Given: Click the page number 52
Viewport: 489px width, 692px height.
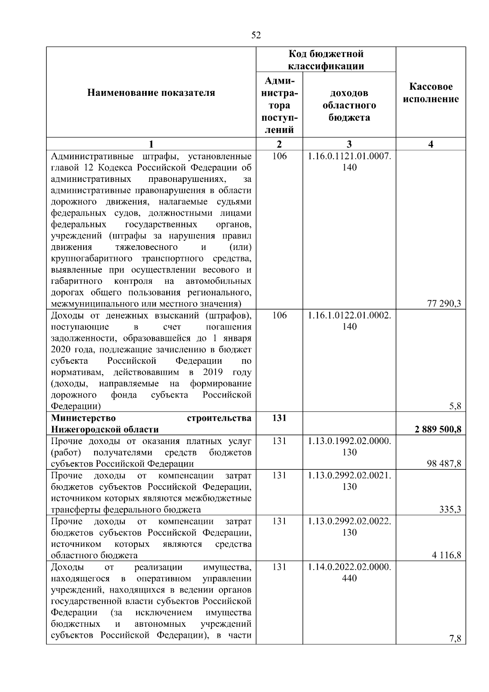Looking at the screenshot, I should (256, 35).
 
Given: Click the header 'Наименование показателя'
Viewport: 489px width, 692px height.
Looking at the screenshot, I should (151, 93).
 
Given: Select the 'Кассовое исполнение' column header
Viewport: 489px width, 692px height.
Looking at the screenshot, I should (431, 93).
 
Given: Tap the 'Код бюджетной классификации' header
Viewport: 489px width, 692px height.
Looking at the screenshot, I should (326, 60).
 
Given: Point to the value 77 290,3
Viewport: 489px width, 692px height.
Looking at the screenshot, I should (444, 303).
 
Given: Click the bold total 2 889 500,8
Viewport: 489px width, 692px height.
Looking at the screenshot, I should (438, 429).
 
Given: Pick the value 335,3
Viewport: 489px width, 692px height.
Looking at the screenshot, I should (450, 509).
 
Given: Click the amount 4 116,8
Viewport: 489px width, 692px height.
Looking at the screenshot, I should (446, 555).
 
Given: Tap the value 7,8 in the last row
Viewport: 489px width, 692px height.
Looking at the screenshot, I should (455, 639).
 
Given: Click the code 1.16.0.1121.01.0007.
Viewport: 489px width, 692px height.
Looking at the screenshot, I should (350, 156).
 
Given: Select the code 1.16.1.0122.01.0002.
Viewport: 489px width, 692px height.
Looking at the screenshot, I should (350, 315).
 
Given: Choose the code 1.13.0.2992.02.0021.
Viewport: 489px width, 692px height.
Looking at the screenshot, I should (350, 475).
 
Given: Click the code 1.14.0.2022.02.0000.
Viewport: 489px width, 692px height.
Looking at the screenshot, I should (350, 567).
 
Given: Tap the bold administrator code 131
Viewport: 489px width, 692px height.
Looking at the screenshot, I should (279, 418).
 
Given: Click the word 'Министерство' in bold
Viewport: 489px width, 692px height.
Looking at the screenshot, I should (83, 418).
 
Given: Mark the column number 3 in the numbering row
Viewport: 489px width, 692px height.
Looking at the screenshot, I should (349, 144).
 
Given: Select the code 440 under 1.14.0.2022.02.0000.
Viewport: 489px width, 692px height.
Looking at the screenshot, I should (350, 578).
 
